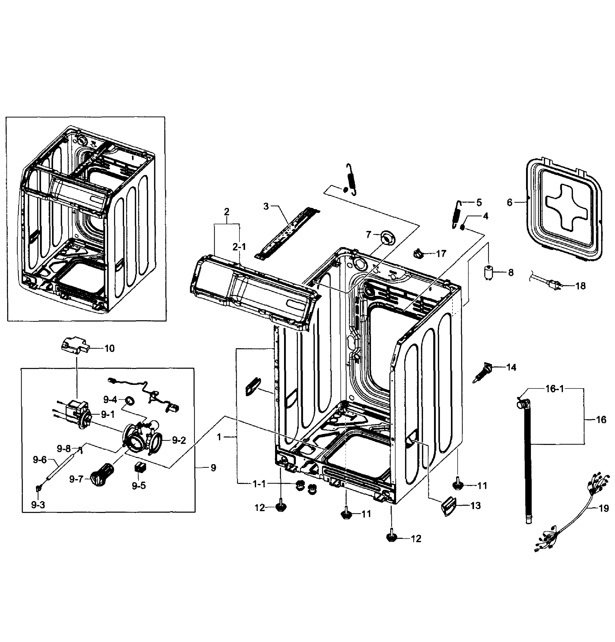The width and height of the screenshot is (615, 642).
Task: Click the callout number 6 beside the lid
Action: click(x=509, y=202)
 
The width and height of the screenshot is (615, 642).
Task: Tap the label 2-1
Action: click(x=239, y=247)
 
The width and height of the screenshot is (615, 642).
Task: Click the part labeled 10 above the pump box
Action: click(x=75, y=346)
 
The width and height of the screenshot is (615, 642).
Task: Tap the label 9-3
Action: click(x=38, y=505)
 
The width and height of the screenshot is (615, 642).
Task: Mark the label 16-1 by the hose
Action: click(x=554, y=389)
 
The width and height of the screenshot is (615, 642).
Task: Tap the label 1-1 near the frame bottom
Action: click(x=259, y=484)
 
